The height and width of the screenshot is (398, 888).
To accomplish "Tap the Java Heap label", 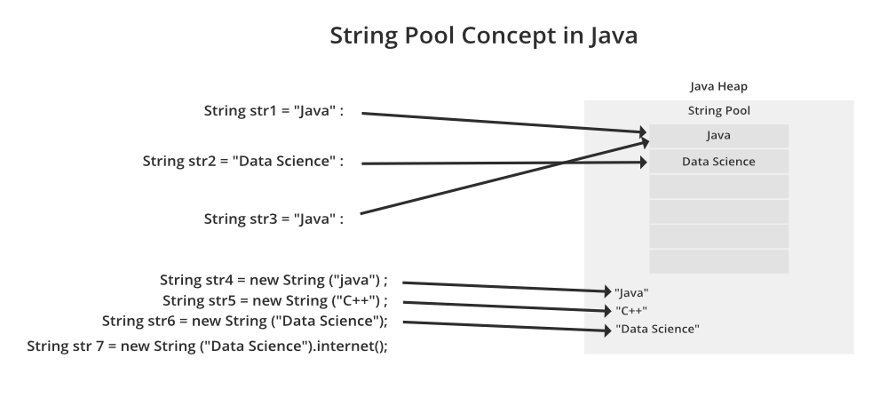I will [x=718, y=87].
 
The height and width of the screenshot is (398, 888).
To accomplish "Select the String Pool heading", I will [x=718, y=111].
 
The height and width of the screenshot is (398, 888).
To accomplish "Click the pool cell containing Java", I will [x=718, y=136].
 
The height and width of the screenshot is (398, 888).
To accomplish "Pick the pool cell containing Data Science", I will [x=718, y=162].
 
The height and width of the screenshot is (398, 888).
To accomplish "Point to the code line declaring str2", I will [x=242, y=162].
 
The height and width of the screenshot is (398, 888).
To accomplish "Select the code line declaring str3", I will [x=274, y=218].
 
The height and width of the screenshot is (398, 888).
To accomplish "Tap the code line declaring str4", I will [x=274, y=280].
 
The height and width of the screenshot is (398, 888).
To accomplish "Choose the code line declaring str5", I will [x=275, y=300].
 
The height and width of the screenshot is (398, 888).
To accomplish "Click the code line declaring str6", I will [x=245, y=321].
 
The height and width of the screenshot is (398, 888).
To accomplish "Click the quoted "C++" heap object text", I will [x=630, y=310].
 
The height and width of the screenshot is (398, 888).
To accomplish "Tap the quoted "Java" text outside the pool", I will [x=632, y=291].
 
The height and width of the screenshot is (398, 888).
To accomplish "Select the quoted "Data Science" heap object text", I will [x=657, y=330].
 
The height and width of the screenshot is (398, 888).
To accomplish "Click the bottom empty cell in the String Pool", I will [x=718, y=261].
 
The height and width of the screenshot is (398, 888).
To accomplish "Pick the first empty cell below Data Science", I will [x=718, y=187].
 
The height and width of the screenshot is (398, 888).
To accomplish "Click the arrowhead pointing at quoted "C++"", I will [x=607, y=309].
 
